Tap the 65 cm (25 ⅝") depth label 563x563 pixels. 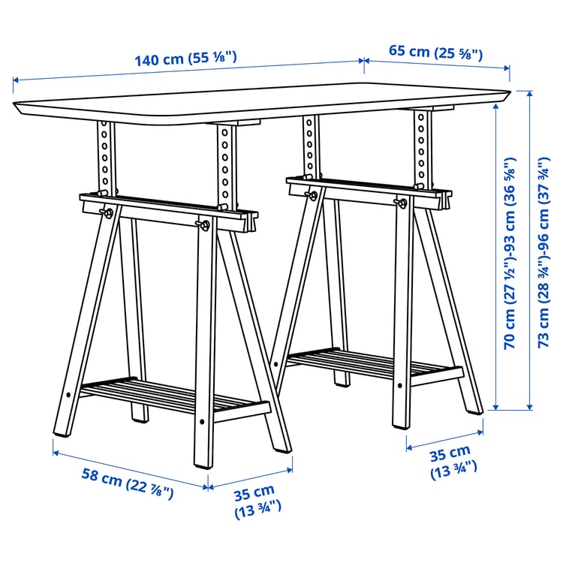click(435, 52)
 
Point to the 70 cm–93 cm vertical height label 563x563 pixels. click(510, 255)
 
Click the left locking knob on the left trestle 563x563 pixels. click(110, 213)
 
